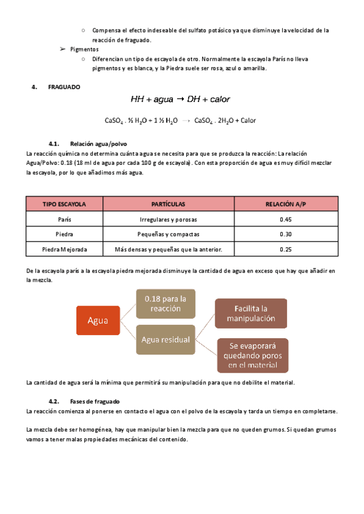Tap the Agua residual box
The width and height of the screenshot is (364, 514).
(165, 339)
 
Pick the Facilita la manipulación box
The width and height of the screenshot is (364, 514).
(251, 313)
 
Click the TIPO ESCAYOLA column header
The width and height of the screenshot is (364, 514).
(64, 204)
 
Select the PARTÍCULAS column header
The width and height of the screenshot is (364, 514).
(169, 204)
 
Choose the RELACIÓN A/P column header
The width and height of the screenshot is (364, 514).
(286, 204)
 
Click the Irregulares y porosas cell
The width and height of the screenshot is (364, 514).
(169, 219)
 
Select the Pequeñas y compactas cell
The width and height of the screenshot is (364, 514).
(169, 235)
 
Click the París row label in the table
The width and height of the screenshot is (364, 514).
(64, 219)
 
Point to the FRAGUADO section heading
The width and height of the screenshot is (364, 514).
(64, 87)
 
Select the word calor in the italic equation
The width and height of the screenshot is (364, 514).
(218, 99)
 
